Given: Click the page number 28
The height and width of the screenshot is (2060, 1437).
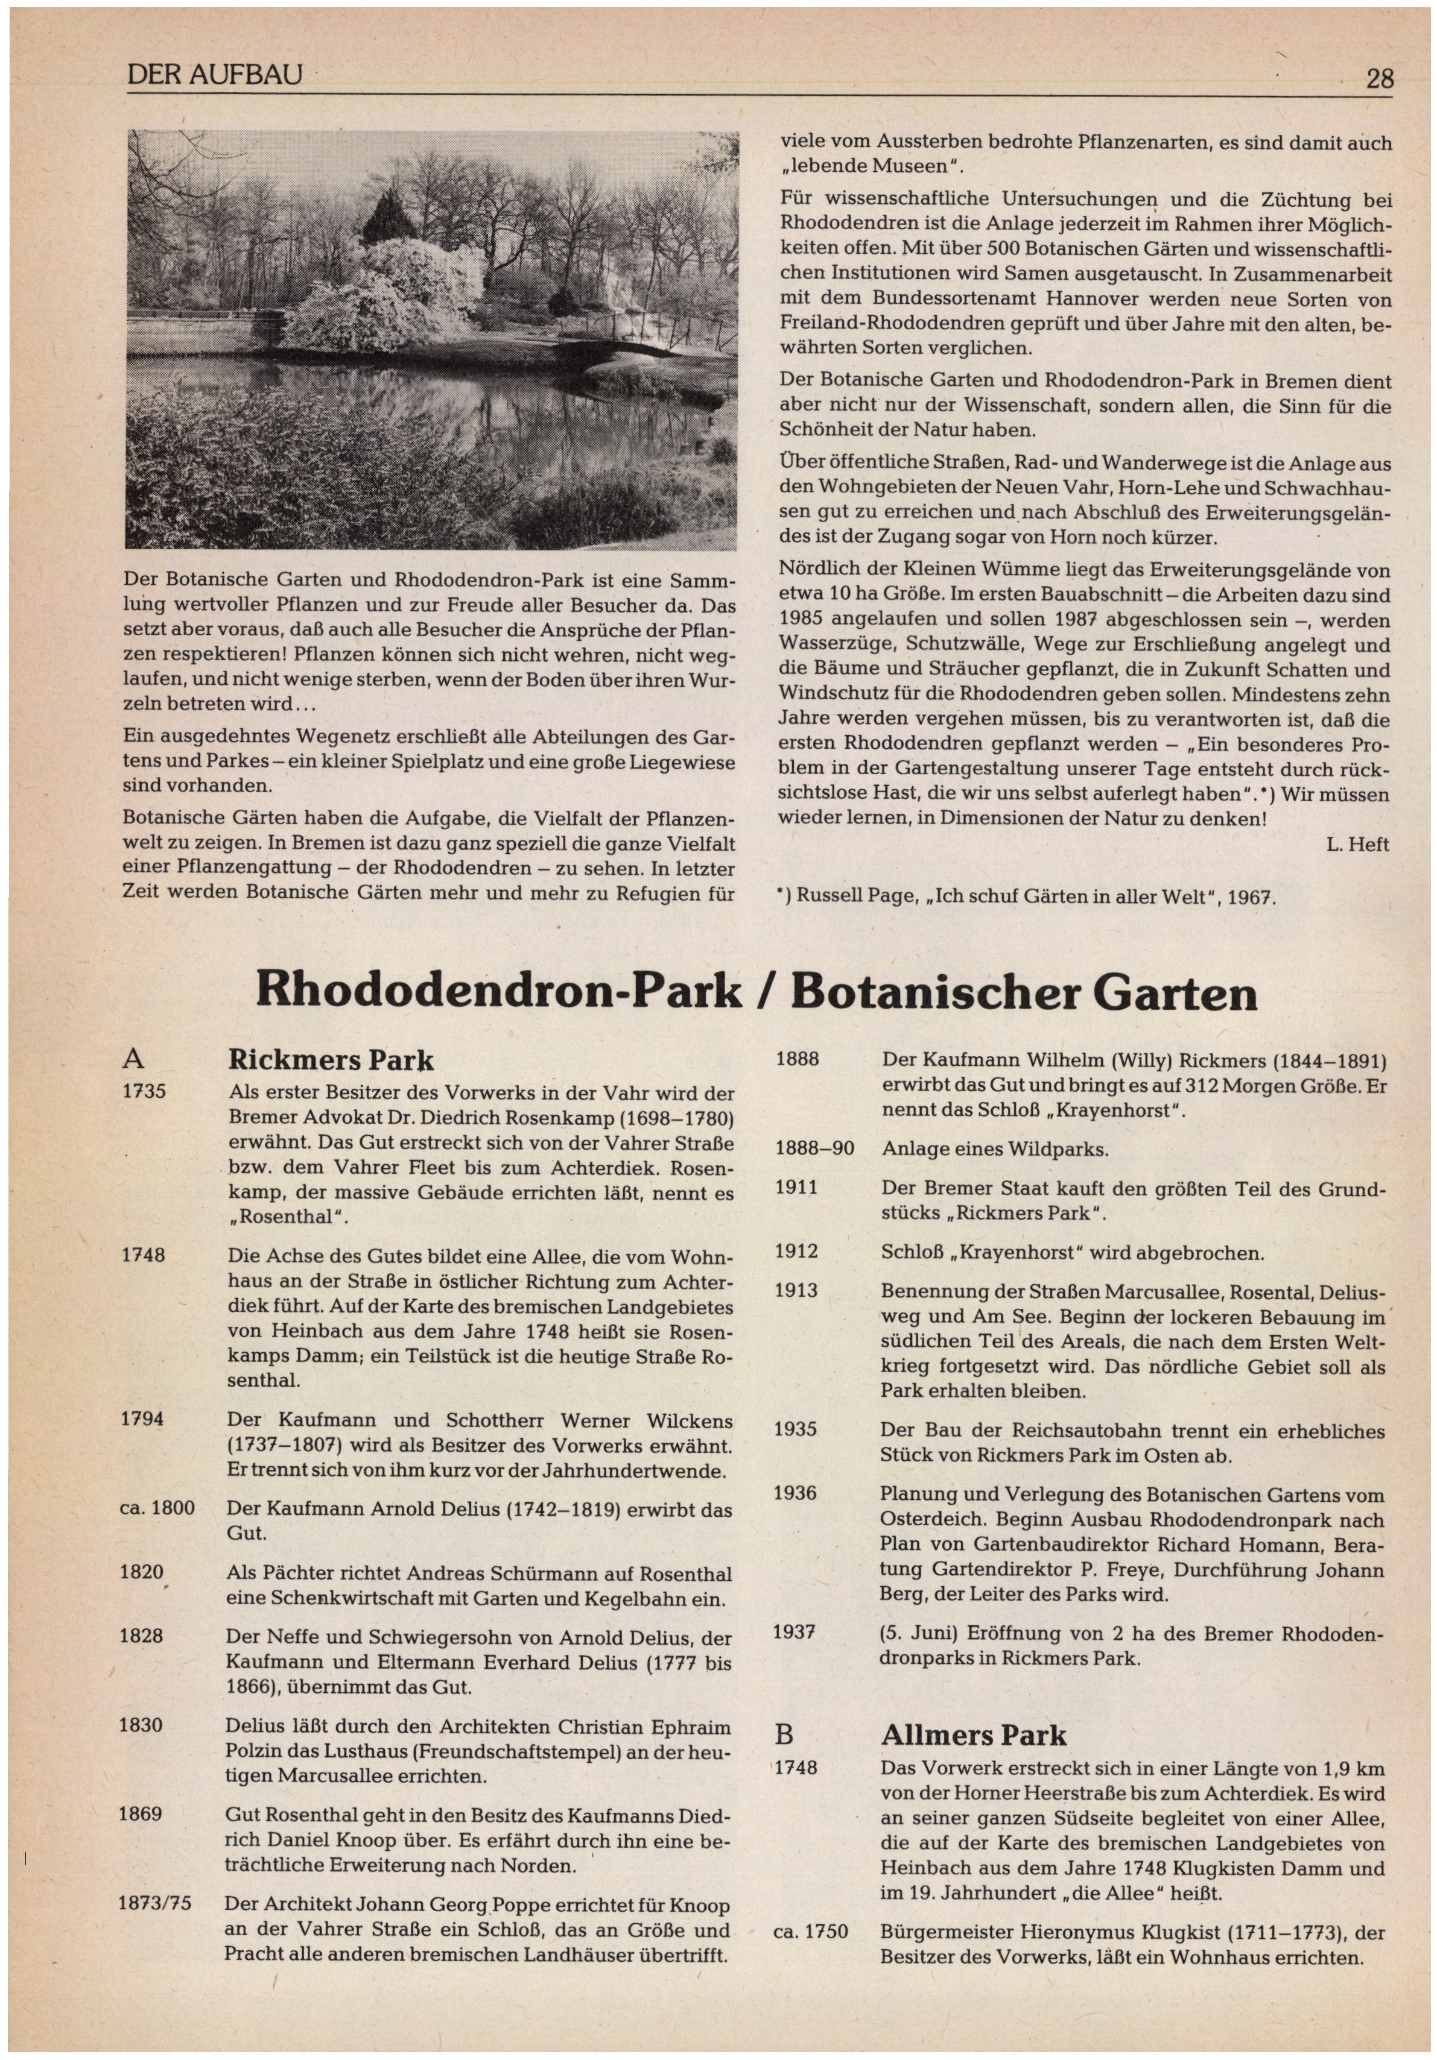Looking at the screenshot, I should (1380, 79).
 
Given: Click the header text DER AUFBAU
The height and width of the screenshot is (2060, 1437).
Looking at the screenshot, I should (215, 75).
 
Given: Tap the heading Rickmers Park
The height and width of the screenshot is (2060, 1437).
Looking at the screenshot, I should (331, 1060).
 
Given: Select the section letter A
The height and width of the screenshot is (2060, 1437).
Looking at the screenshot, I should (132, 1060).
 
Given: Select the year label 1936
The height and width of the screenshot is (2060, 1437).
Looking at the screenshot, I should (795, 1493).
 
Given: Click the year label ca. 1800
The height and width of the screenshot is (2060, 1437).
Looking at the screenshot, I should (157, 1508).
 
